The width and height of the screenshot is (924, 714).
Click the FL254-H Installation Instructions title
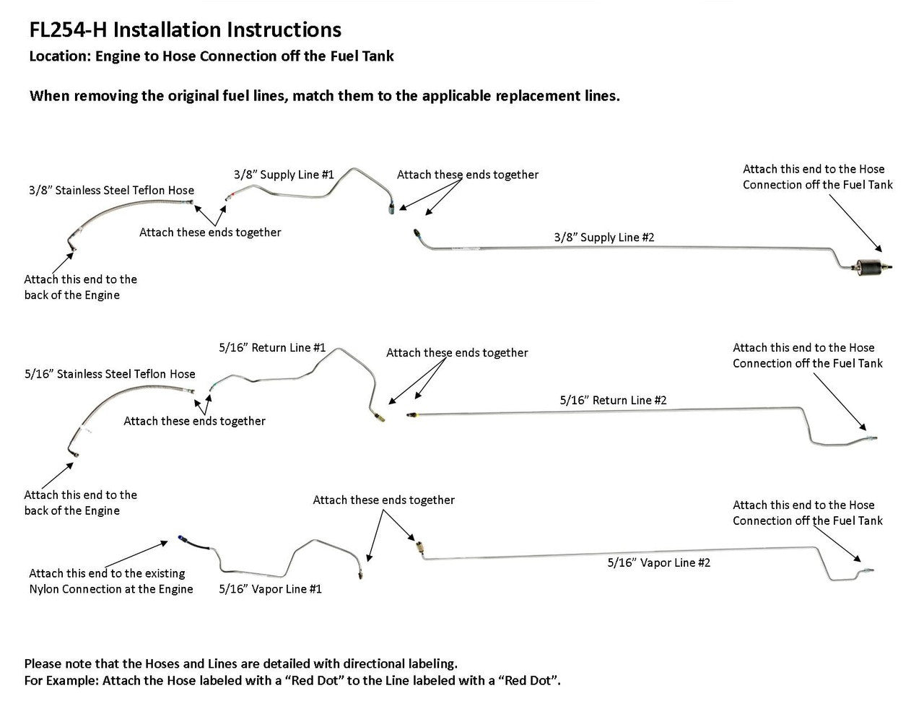[x=185, y=30]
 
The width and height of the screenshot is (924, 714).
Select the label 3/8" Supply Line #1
[x=284, y=175]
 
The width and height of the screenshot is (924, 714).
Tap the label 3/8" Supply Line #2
[x=603, y=237]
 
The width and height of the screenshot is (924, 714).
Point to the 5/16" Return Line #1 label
[x=272, y=347]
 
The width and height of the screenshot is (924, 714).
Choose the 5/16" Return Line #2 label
[x=613, y=400]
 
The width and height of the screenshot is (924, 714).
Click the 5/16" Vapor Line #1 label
[x=270, y=588]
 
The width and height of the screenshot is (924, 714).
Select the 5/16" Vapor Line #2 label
[x=658, y=562]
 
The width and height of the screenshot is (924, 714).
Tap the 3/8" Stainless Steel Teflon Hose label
[x=111, y=191]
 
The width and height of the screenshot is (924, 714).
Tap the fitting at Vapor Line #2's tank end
[x=866, y=570]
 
